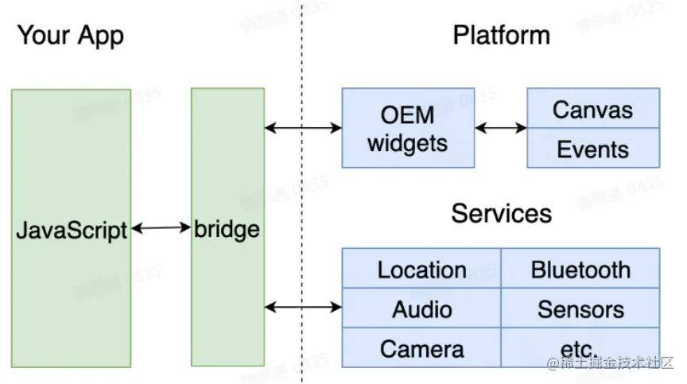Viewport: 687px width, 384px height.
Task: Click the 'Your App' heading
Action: point(71,36)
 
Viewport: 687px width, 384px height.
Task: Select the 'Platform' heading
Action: point(501,36)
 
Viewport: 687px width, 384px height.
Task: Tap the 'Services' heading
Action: point(501,213)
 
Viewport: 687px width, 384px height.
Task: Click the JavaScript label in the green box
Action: point(72,231)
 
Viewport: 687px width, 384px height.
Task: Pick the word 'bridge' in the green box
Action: point(227,230)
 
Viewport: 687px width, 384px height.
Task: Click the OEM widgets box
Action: point(407,128)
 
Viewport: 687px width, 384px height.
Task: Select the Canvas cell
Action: point(592,108)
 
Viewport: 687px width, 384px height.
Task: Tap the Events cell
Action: point(592,149)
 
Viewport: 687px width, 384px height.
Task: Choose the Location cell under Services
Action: point(421,270)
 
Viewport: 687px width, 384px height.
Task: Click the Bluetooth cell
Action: point(580,270)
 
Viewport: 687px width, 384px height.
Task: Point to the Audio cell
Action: point(421,308)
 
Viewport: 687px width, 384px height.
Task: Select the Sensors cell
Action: point(580,308)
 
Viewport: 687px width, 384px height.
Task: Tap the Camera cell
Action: point(421,348)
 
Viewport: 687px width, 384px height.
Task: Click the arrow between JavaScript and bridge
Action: point(161,229)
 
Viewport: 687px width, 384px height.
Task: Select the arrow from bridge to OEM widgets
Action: point(303,127)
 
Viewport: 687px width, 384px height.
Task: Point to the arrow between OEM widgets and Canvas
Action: point(500,127)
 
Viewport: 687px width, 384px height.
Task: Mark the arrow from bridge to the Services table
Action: point(303,307)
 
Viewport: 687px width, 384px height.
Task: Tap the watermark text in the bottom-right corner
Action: point(609,363)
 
